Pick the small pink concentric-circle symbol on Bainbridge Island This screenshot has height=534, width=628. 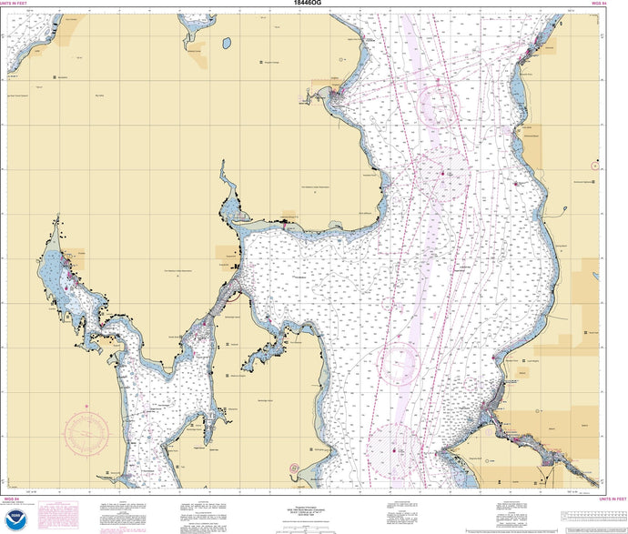point(294,468)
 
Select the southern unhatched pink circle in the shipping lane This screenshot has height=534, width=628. point(401,363)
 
